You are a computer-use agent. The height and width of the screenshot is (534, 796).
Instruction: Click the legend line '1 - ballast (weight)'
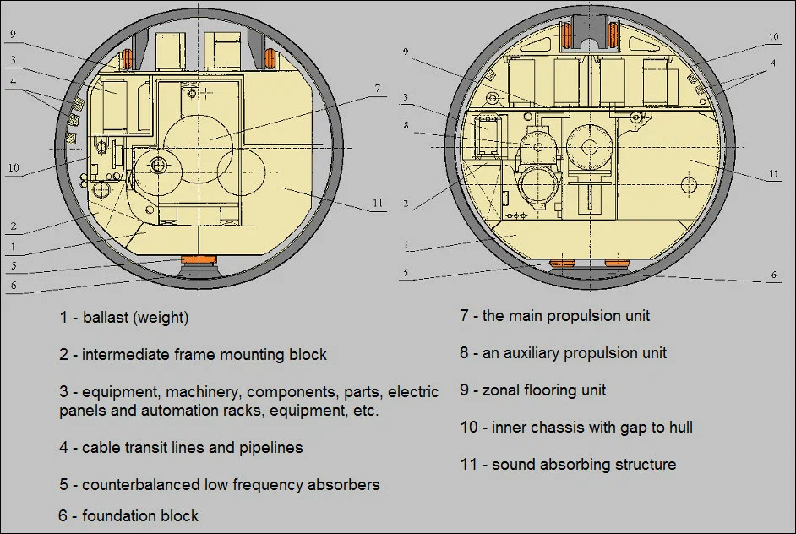[x=123, y=318]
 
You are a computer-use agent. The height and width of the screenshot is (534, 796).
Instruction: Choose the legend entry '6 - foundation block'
[x=128, y=515]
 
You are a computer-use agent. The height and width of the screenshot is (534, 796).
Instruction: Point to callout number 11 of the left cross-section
[x=378, y=204]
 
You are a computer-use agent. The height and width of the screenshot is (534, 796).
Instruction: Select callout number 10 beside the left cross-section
[x=13, y=167]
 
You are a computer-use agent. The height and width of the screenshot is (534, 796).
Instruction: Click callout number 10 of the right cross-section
[x=773, y=37]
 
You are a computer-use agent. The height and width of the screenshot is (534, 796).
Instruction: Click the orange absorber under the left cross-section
[x=199, y=259]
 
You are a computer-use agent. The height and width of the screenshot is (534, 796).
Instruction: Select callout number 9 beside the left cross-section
[x=13, y=35]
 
